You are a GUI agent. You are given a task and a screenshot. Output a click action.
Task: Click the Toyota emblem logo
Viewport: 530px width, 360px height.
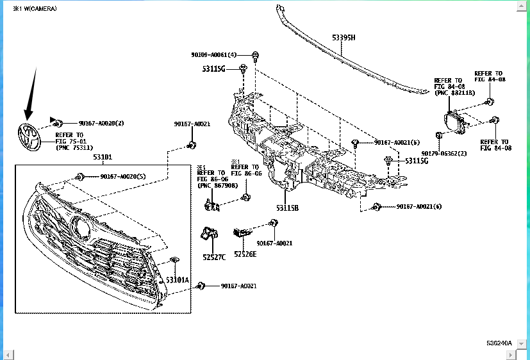[x=28, y=136]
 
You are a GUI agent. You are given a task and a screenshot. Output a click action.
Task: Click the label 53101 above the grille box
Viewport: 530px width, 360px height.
[x=103, y=157]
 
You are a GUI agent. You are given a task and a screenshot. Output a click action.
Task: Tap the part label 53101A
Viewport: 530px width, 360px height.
[x=178, y=280]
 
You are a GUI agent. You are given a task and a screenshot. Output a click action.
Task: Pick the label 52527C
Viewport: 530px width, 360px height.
[x=215, y=257]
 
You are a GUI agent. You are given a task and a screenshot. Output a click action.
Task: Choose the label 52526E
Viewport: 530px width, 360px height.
[x=245, y=254]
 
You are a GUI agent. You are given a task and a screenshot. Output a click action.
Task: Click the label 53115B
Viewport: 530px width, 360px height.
[x=288, y=208]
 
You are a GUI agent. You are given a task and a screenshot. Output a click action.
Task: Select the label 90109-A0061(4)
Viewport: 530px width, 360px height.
[x=214, y=55]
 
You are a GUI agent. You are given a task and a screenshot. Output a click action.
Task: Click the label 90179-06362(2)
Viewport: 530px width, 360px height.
[x=444, y=153]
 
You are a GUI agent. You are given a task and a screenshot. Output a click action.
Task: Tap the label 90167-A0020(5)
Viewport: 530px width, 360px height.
[x=122, y=176]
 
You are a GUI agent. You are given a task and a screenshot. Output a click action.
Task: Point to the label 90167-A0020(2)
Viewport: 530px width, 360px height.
[x=101, y=122]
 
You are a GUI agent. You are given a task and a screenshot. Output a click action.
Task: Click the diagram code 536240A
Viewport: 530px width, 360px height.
[x=499, y=343]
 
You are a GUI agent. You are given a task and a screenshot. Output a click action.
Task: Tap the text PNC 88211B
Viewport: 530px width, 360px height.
[x=454, y=93]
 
